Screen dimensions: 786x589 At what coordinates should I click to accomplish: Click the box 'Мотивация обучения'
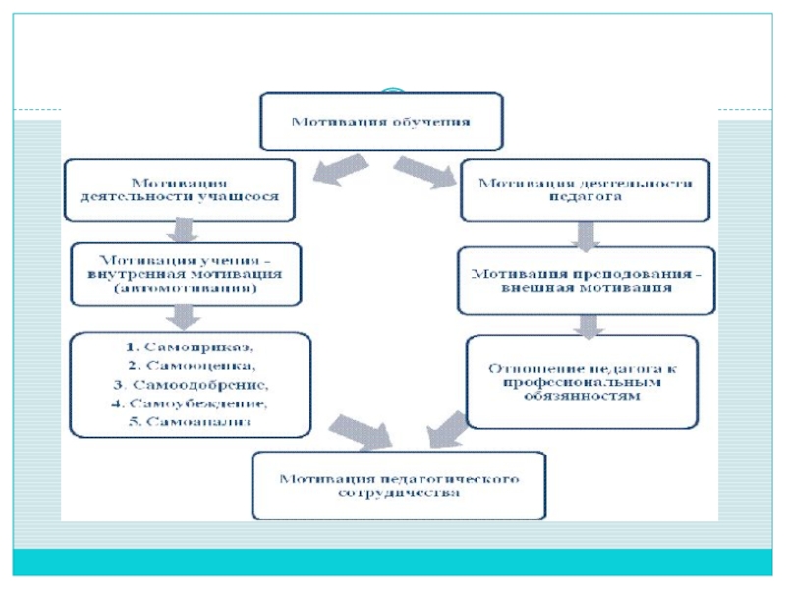[x=381, y=122]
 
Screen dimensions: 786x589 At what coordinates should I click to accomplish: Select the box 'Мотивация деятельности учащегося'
[x=179, y=188]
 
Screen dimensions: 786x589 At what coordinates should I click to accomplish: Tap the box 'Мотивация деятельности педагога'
[x=585, y=188]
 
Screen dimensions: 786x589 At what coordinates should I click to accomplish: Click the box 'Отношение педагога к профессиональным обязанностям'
[x=582, y=382]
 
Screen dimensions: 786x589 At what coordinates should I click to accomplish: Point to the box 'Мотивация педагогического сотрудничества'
[x=399, y=486]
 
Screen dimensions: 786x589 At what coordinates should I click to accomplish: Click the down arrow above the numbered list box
[x=180, y=317]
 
